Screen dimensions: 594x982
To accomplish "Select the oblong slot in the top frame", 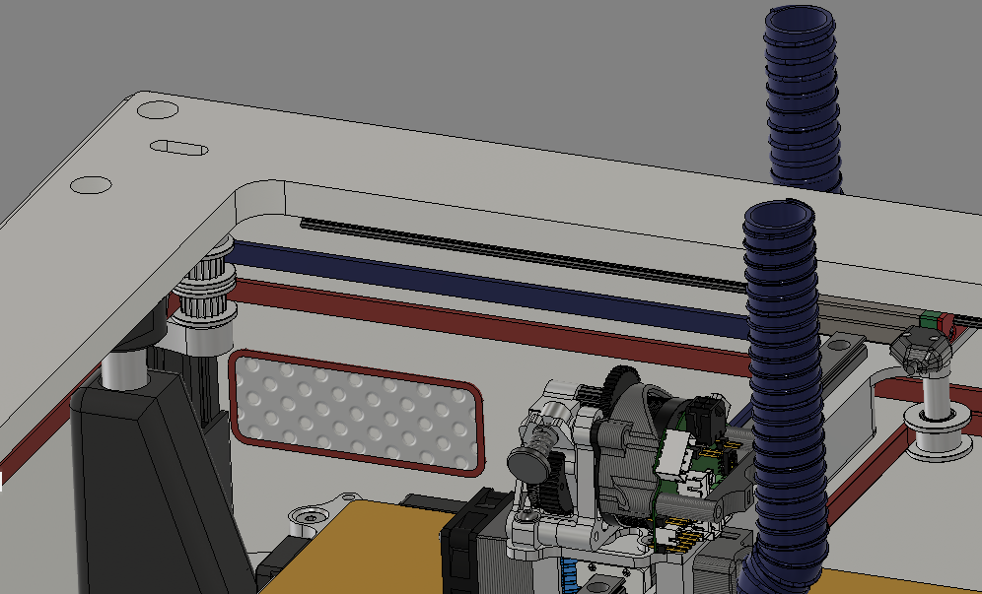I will [178, 148].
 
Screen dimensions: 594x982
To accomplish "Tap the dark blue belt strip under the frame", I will [493, 285].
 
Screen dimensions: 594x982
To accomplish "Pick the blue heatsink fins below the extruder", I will [570, 575].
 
